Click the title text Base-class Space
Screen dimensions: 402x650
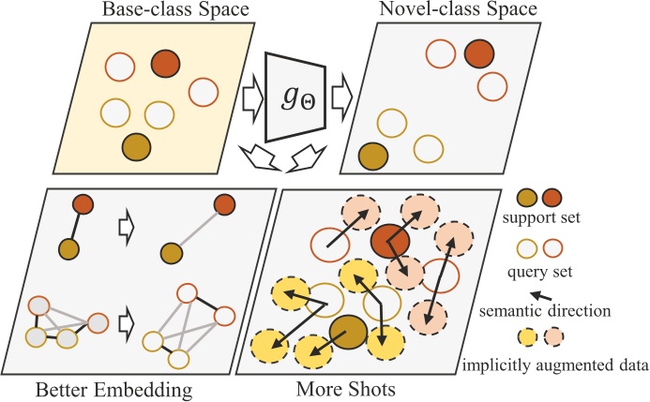click(x=143, y=10)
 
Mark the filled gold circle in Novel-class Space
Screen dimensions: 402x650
click(x=373, y=154)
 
